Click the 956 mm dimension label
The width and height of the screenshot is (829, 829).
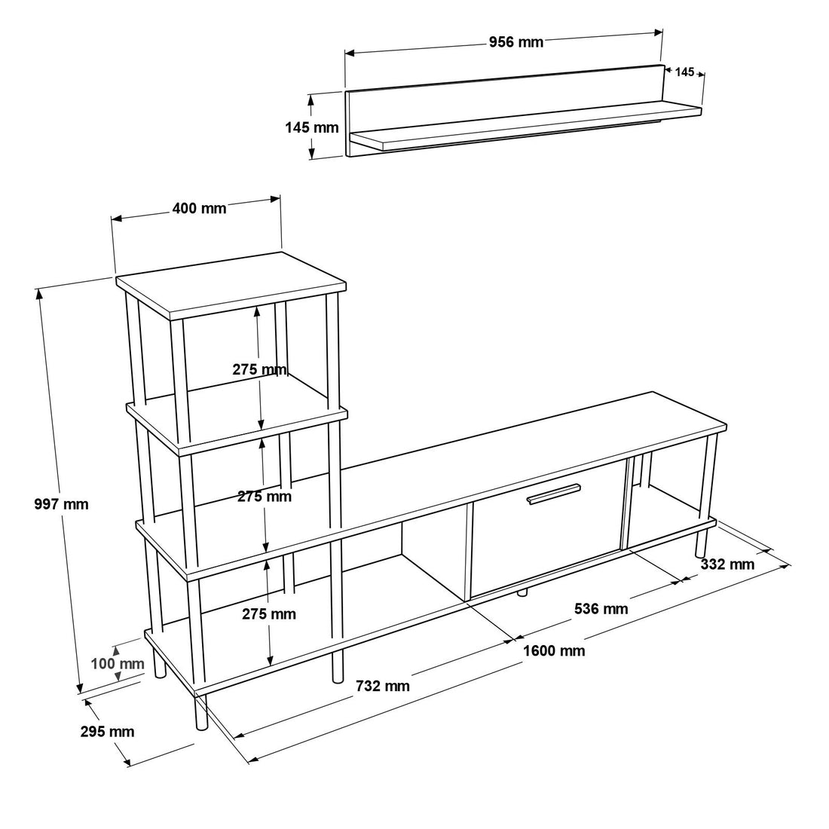point(515,41)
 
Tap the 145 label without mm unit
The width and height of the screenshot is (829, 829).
point(684,72)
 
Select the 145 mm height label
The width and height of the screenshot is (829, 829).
point(311,127)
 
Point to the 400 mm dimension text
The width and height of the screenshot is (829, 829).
point(199,208)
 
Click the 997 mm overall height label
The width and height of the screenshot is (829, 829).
point(61,504)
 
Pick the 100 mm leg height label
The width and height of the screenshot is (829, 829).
point(118,663)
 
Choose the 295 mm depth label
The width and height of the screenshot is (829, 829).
point(107,732)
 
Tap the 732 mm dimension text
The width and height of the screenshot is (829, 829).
point(382,687)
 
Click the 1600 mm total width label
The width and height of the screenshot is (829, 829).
point(554,651)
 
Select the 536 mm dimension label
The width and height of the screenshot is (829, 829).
point(601,609)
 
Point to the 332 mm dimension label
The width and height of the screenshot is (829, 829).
point(727,564)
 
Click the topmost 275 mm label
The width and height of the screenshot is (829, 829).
point(259,369)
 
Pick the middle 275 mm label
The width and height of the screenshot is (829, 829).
point(265,497)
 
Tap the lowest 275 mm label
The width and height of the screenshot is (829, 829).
point(269,613)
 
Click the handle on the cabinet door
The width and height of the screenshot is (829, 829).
point(554,494)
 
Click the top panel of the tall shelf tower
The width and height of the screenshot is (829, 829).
point(231,286)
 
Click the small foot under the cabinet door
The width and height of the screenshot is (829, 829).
point(522,592)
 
